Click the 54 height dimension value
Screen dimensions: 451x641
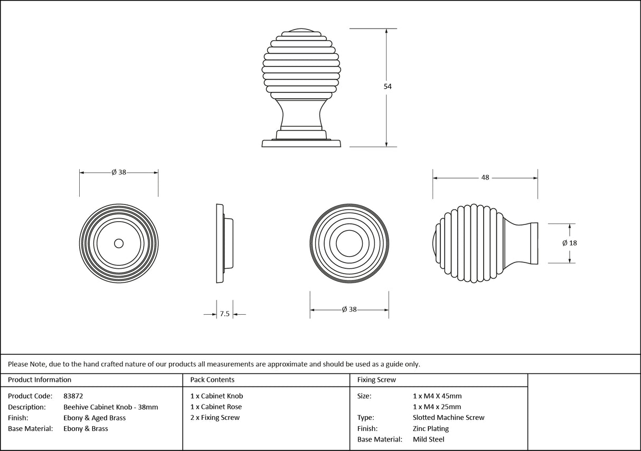click(388, 87)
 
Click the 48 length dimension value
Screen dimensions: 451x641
click(485, 177)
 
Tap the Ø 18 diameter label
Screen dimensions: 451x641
click(570, 243)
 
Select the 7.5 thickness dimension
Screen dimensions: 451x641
click(224, 314)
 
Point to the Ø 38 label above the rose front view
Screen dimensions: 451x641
click(119, 172)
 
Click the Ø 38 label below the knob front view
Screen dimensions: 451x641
click(349, 309)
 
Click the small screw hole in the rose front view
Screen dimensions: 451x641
click(119, 243)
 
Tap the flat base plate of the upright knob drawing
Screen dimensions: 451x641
click(301, 143)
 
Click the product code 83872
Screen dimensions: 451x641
click(73, 396)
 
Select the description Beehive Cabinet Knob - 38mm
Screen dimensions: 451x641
click(110, 407)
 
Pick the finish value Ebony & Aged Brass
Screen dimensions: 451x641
click(94, 418)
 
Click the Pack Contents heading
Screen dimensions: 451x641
click(212, 380)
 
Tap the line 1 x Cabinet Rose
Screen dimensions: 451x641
click(216, 407)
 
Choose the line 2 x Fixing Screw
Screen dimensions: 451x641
click(215, 418)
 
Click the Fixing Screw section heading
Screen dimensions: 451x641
click(376, 380)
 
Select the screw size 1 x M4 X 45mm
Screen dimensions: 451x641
click(437, 396)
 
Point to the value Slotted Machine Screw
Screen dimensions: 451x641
click(448, 418)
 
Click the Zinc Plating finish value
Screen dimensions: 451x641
click(430, 429)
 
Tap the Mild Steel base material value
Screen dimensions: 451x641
click(428, 439)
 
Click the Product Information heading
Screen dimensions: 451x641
click(40, 380)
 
